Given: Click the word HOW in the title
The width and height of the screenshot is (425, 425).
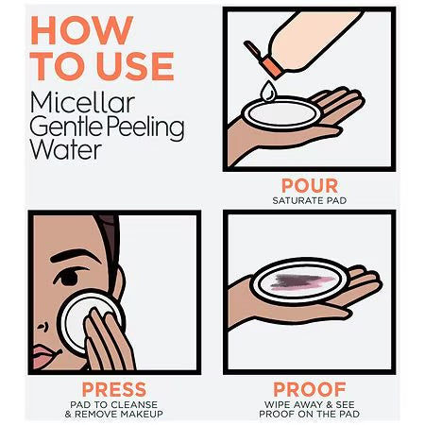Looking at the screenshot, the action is (x=82, y=30).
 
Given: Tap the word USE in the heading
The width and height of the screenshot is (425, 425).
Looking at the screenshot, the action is (x=135, y=66).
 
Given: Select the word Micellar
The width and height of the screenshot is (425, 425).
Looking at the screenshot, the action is (x=83, y=103).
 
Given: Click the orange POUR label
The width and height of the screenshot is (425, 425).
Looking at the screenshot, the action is (x=310, y=186).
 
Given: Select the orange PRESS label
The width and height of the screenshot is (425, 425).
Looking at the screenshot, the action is (x=114, y=389).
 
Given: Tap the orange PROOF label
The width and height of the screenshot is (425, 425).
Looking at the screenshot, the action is (x=310, y=389).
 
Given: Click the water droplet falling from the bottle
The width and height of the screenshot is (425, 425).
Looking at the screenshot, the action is (x=268, y=91).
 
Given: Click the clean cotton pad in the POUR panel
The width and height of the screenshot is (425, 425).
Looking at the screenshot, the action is (x=281, y=113).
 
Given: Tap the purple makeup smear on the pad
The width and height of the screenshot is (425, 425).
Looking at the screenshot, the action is (x=301, y=281).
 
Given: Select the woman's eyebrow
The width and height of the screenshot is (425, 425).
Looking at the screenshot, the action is (x=76, y=256).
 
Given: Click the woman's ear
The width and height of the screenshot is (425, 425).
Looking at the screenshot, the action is (x=117, y=282).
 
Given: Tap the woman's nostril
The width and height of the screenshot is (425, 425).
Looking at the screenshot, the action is (x=43, y=328).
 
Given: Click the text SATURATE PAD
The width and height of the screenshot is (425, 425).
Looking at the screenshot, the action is (x=310, y=200).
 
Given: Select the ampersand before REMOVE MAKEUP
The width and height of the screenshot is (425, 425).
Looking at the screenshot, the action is (x=68, y=414).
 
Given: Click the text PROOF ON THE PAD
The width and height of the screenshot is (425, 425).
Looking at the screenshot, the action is (x=310, y=414).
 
